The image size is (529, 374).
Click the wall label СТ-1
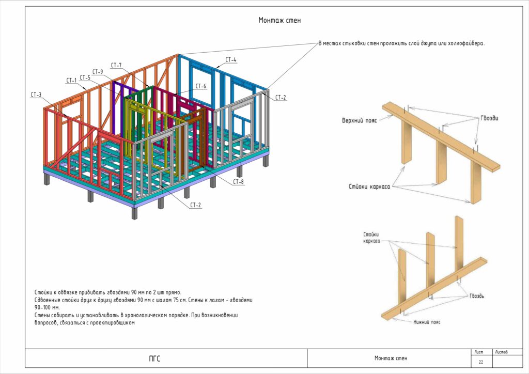[71, 80]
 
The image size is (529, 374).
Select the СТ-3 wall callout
[36, 95]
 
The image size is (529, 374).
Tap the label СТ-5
[85, 77]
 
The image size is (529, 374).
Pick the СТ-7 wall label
[116, 65]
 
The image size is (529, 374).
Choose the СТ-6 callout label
[201, 86]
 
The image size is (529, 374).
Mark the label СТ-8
[238, 182]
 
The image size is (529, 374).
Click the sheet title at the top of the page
[279, 21]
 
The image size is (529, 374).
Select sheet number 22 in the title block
[480, 362]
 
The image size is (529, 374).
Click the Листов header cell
[501, 352]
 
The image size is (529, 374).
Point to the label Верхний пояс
[360, 120]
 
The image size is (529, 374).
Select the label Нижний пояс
[427, 321]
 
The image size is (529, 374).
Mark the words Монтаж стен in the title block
[391, 358]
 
